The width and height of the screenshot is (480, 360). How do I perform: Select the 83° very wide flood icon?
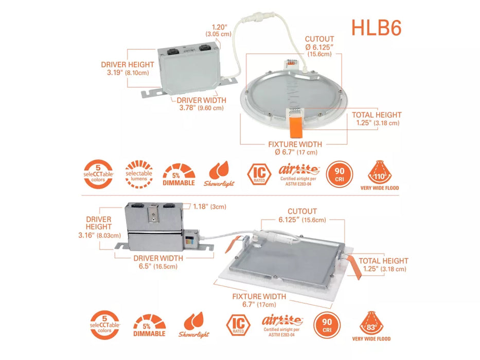click(372, 323)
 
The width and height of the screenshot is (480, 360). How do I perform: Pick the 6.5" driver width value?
click(158, 266)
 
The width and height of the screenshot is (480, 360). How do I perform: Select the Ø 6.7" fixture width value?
click(296, 152)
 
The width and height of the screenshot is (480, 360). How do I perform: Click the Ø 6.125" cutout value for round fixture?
click(319, 47)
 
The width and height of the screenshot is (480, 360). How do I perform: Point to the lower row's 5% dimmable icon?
click(151, 326)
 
